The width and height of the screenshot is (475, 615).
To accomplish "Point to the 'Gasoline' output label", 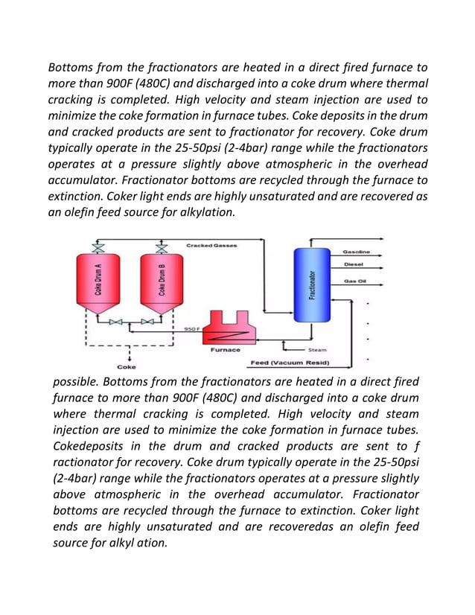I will pos(357,252).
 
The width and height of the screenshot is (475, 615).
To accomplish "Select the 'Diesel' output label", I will pos(354,264).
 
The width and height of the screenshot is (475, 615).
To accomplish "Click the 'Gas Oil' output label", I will pos(354,281).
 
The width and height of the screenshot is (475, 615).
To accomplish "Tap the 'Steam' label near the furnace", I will pos(317,348).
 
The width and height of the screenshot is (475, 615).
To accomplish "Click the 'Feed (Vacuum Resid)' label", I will pos(289,363).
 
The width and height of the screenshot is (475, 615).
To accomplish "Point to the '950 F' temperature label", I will pos(191,328).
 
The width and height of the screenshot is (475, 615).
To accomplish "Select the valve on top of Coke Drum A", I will pos(98,246).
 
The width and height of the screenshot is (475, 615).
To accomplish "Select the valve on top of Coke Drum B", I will pos(162,246).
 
